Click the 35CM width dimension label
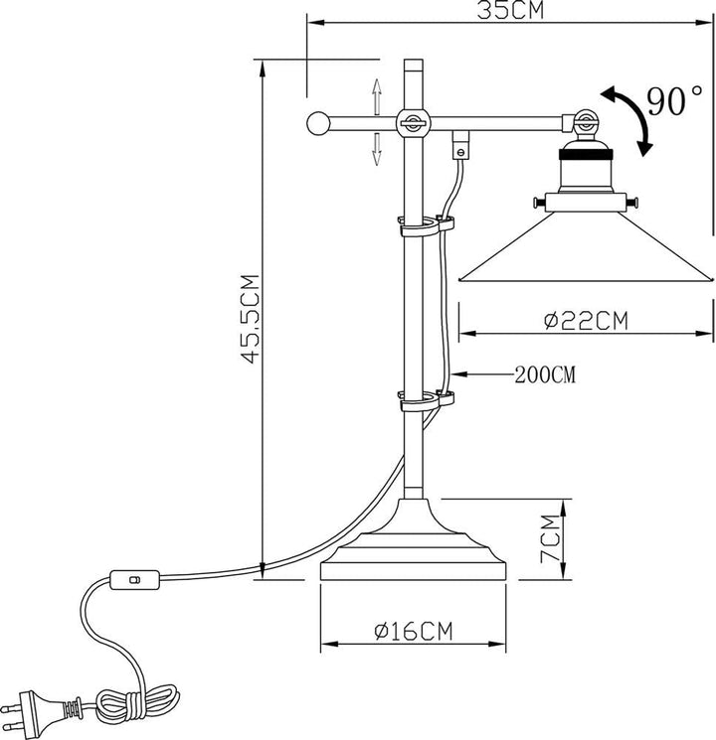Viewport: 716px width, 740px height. tap(509, 10)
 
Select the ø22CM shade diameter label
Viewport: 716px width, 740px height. tap(587, 321)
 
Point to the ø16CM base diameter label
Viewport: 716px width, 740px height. tap(413, 631)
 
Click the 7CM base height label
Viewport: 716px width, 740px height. tap(550, 538)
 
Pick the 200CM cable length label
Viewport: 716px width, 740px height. tap(545, 375)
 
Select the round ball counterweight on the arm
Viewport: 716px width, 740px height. tap(319, 124)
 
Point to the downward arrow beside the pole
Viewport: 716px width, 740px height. tap(378, 149)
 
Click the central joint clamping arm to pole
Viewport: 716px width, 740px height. tap(413, 123)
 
